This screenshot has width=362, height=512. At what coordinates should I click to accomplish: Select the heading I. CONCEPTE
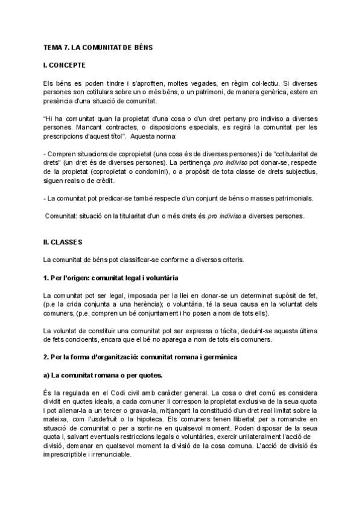point(65,65)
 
